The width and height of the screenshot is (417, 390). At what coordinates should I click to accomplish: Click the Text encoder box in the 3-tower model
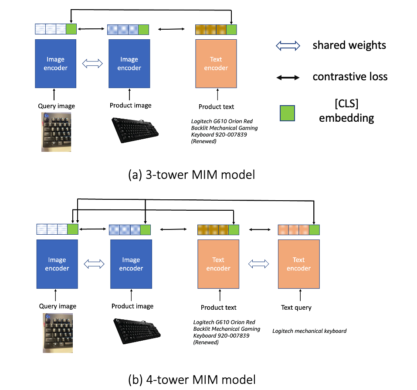(x=216, y=63)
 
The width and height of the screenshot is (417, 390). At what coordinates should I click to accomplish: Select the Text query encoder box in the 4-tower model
(x=298, y=263)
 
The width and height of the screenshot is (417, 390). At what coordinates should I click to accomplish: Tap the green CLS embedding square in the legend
(x=287, y=113)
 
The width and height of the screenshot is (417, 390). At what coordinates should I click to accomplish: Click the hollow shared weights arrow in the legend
(x=289, y=45)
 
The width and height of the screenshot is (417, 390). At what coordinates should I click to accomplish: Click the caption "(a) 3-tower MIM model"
(x=191, y=174)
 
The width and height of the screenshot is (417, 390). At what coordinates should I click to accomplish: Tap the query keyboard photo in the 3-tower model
(x=56, y=131)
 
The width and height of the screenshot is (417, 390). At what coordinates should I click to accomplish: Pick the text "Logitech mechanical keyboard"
(x=309, y=331)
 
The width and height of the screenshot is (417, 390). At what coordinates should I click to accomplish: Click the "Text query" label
(x=296, y=308)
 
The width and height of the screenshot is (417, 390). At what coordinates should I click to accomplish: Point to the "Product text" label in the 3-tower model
(x=216, y=106)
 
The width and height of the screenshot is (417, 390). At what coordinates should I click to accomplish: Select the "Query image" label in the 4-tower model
(x=58, y=306)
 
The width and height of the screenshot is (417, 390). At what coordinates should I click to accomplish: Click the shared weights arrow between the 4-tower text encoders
(x=258, y=263)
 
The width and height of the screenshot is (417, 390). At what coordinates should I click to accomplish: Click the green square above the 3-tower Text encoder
(x=231, y=29)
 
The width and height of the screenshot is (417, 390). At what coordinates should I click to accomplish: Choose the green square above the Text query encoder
(x=314, y=229)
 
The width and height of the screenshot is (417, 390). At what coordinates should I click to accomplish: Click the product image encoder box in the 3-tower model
(x=129, y=63)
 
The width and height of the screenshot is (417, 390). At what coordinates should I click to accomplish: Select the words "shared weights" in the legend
(x=349, y=45)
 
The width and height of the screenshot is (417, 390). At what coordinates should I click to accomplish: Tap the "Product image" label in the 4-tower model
(x=132, y=306)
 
